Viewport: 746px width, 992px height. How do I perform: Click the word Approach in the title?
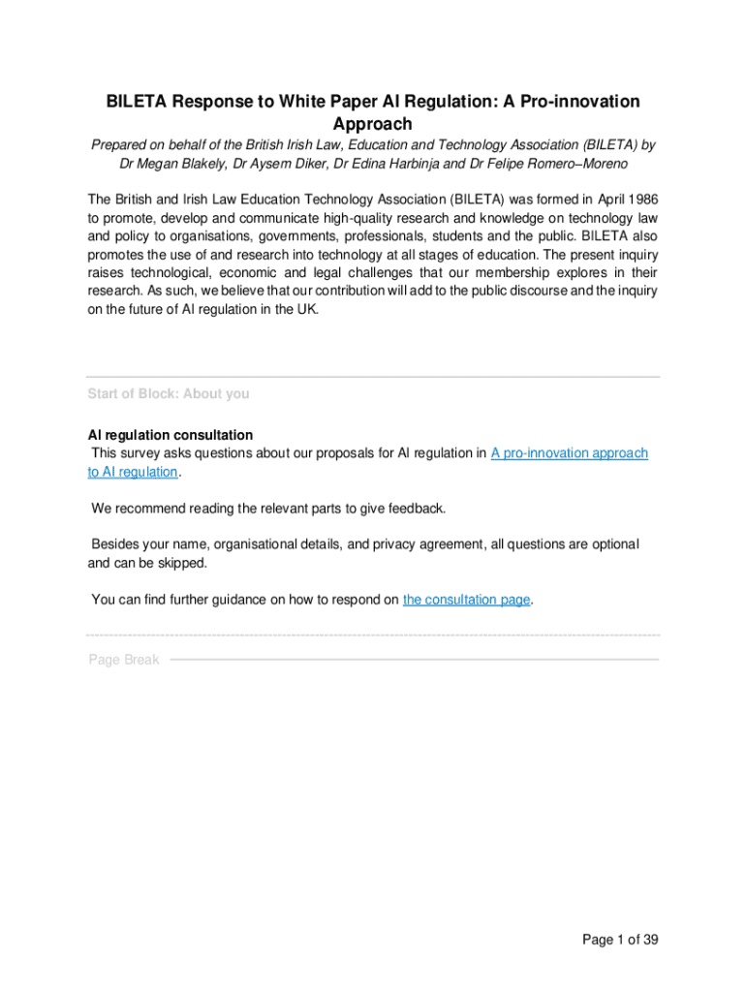(x=373, y=124)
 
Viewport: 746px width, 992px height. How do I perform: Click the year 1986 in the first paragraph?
(x=640, y=200)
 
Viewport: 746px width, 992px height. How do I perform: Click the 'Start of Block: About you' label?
(x=169, y=394)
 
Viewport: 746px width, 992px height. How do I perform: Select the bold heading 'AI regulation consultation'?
(x=171, y=435)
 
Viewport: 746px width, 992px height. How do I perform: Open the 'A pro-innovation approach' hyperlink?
(x=569, y=453)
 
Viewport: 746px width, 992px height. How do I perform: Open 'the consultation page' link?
(x=467, y=600)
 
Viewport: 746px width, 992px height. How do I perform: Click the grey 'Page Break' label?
(x=124, y=660)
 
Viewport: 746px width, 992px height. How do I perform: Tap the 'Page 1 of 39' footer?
(x=620, y=940)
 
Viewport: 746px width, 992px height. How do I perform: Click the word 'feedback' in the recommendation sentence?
(x=416, y=509)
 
